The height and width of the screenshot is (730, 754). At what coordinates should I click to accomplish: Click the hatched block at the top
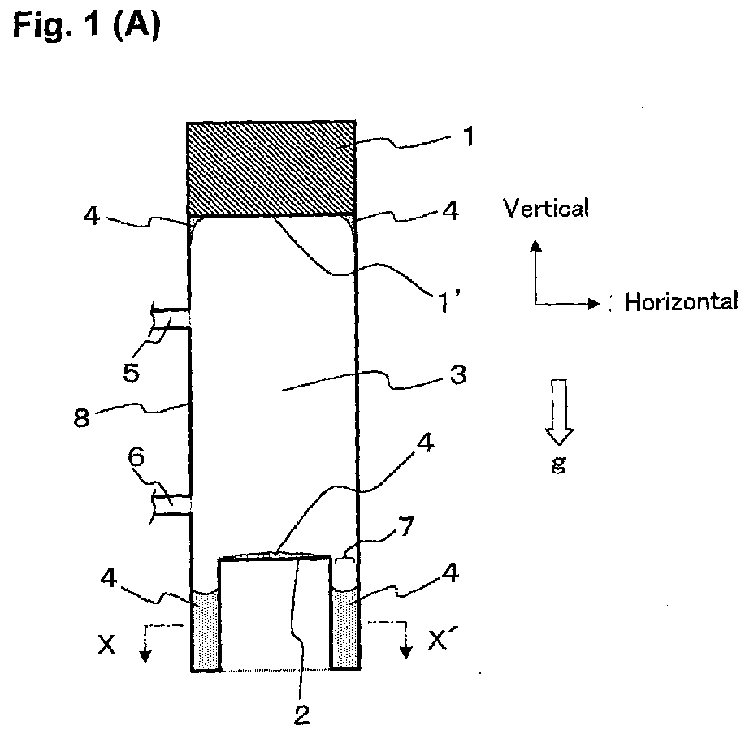click(x=271, y=168)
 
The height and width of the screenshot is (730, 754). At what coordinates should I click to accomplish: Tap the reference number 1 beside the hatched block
click(x=468, y=136)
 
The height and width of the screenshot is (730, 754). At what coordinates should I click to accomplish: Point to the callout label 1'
click(x=448, y=303)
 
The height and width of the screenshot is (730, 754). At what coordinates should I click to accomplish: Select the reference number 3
click(x=458, y=375)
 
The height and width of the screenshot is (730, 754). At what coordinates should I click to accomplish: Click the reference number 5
click(x=132, y=373)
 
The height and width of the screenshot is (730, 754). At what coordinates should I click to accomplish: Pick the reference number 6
click(x=136, y=456)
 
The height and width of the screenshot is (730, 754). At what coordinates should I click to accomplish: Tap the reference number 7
click(x=406, y=527)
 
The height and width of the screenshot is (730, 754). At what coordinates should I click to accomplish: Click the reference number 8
click(x=82, y=417)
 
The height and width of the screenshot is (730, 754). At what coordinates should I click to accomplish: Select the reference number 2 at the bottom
click(x=301, y=715)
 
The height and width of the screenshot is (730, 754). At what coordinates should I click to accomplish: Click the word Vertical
click(x=546, y=208)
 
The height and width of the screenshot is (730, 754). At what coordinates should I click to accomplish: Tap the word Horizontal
click(x=681, y=302)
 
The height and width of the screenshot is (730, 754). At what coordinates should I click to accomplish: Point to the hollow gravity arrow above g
click(x=559, y=412)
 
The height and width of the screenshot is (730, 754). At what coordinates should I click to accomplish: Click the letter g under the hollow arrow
click(x=559, y=464)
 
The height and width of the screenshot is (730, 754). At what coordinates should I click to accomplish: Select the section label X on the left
click(x=106, y=645)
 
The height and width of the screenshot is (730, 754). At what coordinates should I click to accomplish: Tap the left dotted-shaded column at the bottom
click(x=206, y=629)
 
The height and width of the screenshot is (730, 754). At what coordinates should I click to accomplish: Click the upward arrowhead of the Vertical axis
click(x=535, y=245)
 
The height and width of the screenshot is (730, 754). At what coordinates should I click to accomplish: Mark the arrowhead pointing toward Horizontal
click(x=595, y=304)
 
